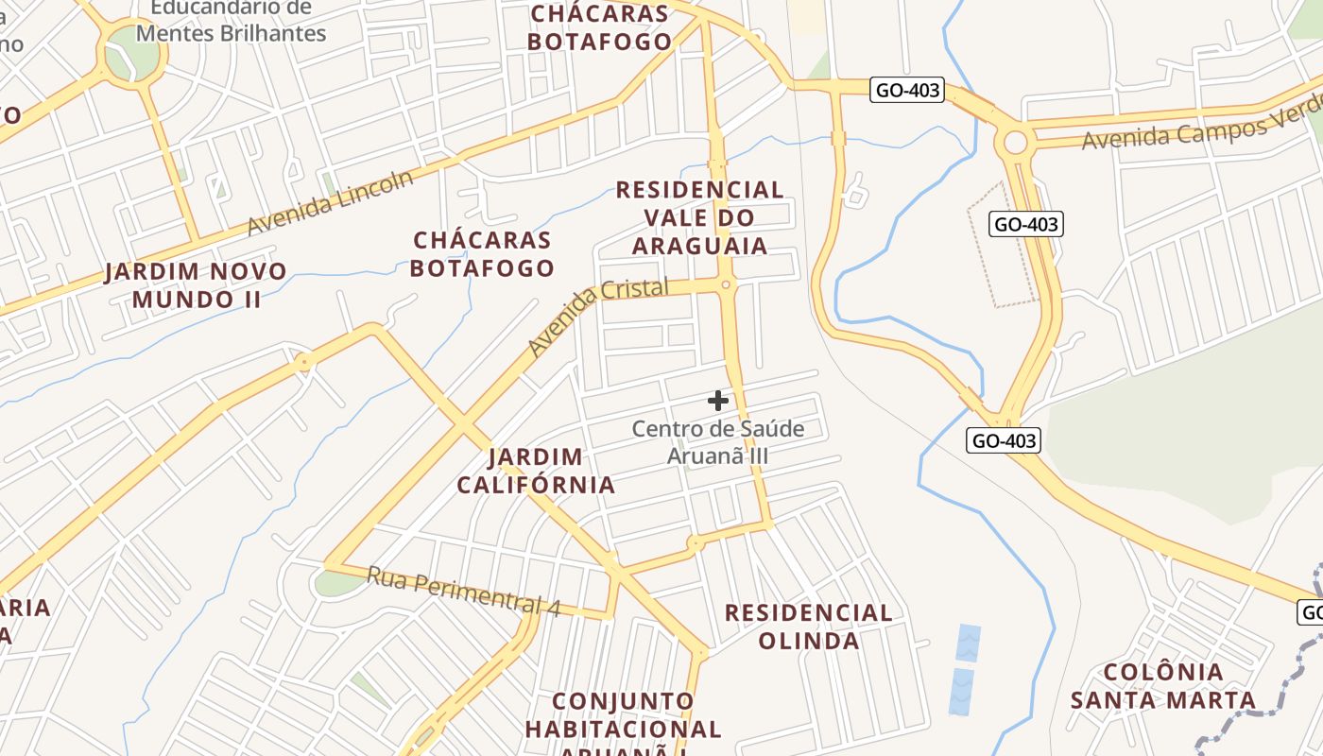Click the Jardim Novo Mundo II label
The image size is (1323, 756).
pos(196,285)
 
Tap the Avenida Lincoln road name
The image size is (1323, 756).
pos(330,203)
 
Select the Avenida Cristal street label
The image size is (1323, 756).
pos(597,316)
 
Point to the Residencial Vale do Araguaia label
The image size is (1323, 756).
pos(699,217)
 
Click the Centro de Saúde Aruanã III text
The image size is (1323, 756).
pos(718,441)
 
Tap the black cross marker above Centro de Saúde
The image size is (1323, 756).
pos(718,401)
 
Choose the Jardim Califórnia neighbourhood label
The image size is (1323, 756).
pos(536,471)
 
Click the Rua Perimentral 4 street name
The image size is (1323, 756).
pos(463,592)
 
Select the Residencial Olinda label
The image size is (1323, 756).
pos(808,626)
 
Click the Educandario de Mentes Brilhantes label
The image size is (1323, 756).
pos(231,21)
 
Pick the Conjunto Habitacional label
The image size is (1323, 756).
pos(623,715)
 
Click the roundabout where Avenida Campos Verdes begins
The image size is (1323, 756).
pos(1015,143)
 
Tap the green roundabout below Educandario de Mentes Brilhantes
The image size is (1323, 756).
pos(131,55)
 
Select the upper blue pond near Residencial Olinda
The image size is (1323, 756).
pos(968,643)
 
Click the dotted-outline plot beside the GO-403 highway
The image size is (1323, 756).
pos(1002,244)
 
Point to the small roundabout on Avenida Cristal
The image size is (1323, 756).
pos(726,284)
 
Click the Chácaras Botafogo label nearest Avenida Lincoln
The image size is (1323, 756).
pos(483,253)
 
